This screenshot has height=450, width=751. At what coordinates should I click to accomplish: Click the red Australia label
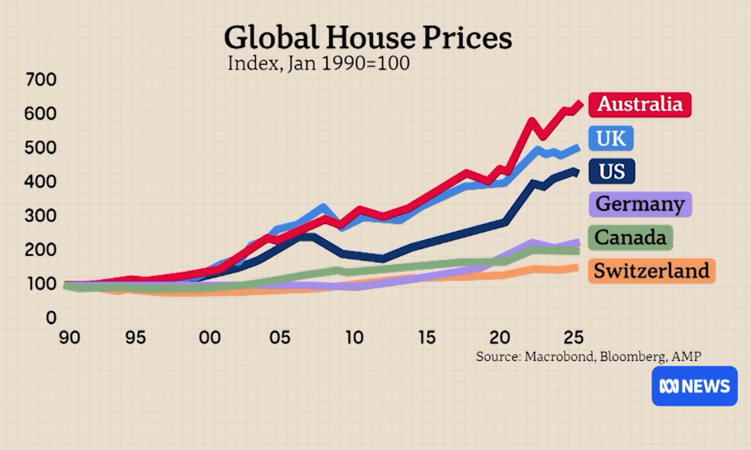pos(640,104)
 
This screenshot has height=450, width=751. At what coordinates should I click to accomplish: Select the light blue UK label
pos(611,138)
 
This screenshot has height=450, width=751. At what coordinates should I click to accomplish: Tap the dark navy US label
pos(612,171)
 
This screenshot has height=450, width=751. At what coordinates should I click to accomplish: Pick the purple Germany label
pos(640,204)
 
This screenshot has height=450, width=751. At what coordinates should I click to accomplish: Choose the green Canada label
pos(631,238)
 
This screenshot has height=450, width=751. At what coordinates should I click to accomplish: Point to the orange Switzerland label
pos(652,271)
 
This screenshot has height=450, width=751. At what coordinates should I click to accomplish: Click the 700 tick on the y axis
pos(41,79)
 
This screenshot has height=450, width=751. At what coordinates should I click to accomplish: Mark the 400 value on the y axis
pos(41,182)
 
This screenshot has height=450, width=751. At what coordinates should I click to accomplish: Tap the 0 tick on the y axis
pos(51,318)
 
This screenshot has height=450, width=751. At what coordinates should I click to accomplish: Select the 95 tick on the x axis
pos(135,338)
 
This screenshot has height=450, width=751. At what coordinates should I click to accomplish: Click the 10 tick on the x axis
pos(354,338)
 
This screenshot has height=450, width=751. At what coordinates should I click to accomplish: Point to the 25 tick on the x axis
pos(574,338)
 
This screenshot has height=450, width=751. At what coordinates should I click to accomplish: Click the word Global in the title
pos(272,38)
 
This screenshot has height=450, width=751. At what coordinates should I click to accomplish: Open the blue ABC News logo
pos(695,386)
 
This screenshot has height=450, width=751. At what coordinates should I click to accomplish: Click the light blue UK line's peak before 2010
pos(323,207)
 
